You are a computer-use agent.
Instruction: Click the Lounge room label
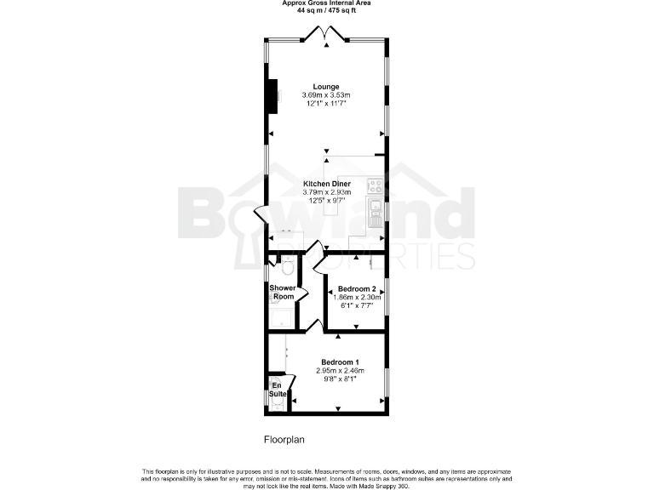pos(326,87)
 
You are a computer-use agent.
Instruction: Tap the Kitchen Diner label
pos(327,184)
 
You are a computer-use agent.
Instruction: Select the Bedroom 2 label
pos(357,289)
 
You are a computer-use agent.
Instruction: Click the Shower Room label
pos(283,292)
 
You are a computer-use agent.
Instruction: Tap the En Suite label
pos(278,390)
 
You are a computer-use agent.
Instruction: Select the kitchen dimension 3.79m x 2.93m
pos(327,192)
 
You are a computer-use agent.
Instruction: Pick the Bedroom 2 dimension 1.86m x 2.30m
pos(358,298)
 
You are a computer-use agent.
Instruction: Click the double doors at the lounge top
pos(327,35)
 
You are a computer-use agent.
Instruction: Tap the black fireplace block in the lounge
pos(273,95)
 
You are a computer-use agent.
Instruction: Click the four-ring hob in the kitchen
pos(374,185)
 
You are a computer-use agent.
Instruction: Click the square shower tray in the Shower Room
pos(282,316)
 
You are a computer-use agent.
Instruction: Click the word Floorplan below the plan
pos(283,440)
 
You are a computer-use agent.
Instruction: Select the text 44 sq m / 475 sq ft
pos(327,12)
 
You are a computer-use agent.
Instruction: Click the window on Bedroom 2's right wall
pos(387,289)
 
